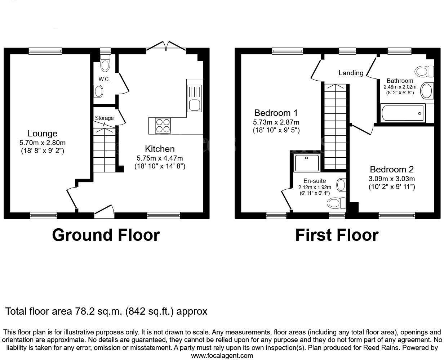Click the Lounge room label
pos(43,134)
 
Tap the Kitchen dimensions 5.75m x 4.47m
pos(160,158)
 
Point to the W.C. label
pos(104,79)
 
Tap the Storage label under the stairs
pos(104,118)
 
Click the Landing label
pos(351,73)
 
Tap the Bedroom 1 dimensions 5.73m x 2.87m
pos(276,122)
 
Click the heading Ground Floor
pos(106,235)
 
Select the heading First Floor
pos(337,235)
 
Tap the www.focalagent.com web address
pos(222,356)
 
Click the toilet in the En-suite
pos(336,203)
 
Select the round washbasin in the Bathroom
pos(428,90)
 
